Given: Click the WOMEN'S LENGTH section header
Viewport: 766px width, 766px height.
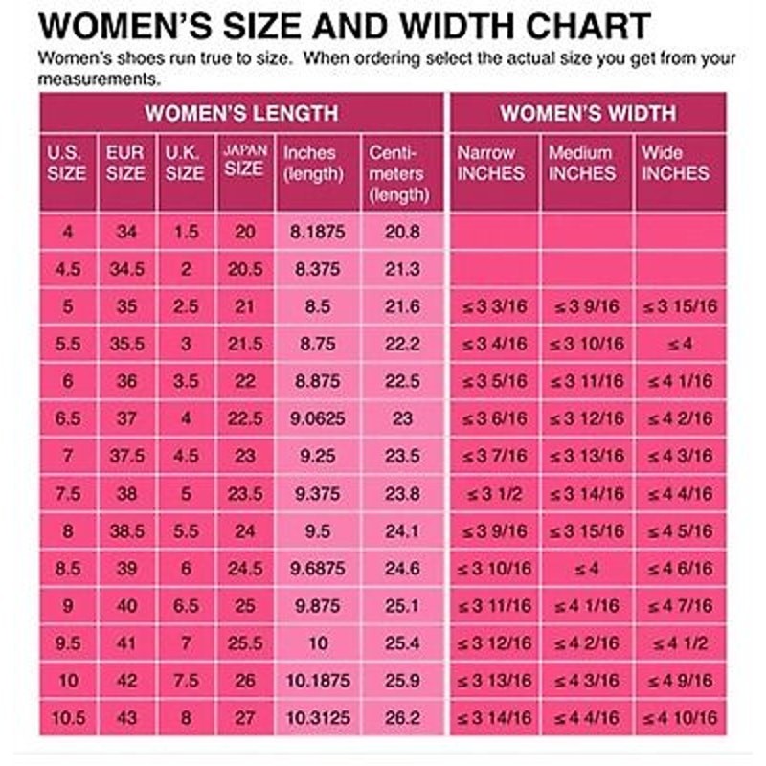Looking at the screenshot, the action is point(241,113).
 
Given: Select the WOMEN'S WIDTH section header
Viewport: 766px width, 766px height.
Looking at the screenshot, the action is point(588,113).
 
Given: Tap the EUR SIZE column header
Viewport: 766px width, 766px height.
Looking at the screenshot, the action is point(125,163).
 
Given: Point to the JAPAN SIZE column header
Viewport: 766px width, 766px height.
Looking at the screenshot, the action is point(245,160).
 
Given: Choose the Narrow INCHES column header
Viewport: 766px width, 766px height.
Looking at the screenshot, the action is point(490,163).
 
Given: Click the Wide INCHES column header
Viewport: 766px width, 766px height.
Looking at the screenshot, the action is point(675,163).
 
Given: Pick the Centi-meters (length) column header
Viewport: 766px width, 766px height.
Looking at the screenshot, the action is point(398,174).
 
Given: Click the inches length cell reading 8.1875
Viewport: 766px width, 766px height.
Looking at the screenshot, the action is point(318,232).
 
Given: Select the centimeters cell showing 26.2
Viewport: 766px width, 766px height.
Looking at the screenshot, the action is point(402,717).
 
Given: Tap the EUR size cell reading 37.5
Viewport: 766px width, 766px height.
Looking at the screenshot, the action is point(126,456).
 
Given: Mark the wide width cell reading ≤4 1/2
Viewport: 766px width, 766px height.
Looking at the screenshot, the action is point(680,642).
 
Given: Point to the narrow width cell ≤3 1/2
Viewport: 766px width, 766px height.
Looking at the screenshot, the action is point(494,493).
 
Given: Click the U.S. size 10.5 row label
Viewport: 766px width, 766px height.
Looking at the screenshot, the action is point(68,717).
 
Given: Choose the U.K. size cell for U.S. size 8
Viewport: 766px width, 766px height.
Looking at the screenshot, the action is point(186,531).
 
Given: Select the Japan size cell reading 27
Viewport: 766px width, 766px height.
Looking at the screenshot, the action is point(245,717).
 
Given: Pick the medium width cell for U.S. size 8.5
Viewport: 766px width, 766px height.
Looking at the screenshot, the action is point(586,568).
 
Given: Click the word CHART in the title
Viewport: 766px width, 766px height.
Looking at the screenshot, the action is point(588,26).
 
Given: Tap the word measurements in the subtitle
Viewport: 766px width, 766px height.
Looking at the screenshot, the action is point(100,79).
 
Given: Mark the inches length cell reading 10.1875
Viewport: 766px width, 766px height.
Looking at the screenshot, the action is point(318,681).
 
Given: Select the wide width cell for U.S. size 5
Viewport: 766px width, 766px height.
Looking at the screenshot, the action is point(680,306).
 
